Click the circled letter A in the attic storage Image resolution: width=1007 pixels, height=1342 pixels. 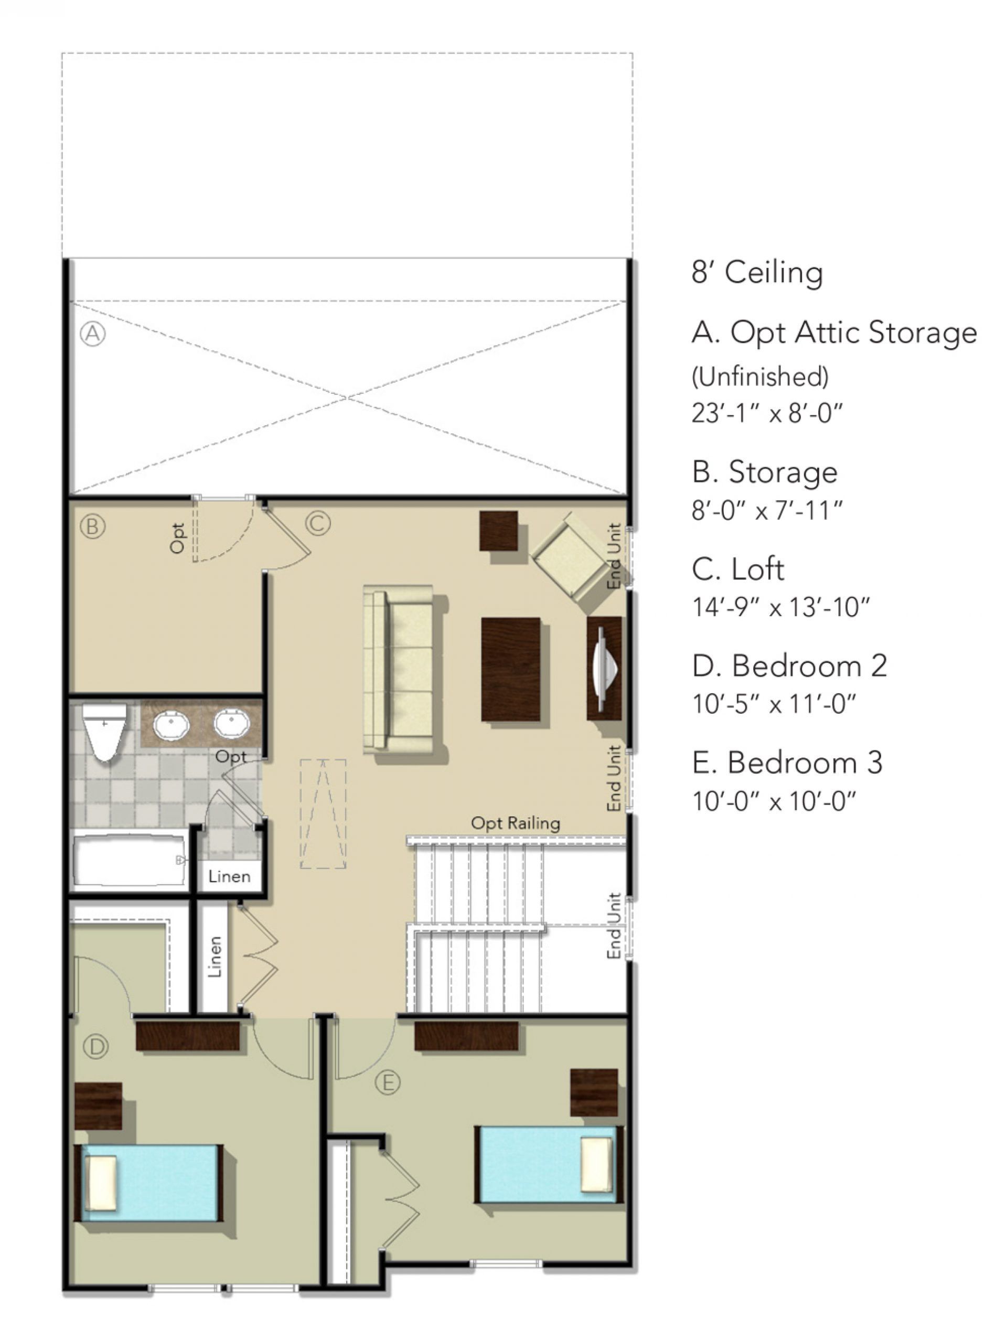point(93,333)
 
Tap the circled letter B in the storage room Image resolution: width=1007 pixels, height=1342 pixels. point(92,526)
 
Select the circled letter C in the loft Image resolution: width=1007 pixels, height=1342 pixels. point(317,522)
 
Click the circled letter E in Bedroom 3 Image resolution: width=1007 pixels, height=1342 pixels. point(387,1082)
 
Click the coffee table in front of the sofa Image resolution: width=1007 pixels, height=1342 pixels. point(510,669)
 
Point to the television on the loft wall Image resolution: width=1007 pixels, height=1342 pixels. point(604,669)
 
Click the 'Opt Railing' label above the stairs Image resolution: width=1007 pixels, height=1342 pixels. point(515,823)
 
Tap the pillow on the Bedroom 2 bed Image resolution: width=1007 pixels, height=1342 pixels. point(101,1183)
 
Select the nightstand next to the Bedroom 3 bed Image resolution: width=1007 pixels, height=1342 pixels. point(593,1092)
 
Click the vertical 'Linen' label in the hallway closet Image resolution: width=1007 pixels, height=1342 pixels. point(214,957)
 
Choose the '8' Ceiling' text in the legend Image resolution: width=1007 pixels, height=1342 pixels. point(756,272)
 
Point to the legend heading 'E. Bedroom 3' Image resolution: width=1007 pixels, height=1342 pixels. point(786,763)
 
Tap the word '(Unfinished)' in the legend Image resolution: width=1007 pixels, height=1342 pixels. point(759,377)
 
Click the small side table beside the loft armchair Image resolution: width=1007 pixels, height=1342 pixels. point(498,531)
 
